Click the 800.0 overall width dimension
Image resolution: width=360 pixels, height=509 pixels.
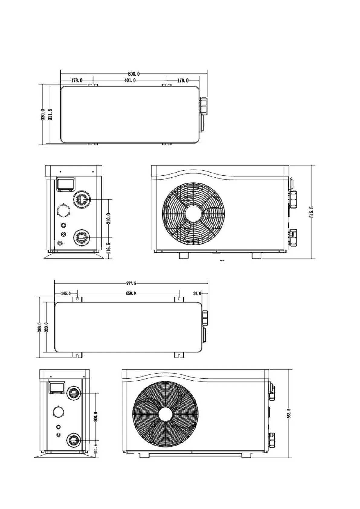(134, 74)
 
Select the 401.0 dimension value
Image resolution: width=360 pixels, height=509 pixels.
(130, 80)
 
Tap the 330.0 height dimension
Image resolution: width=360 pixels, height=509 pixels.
(43, 115)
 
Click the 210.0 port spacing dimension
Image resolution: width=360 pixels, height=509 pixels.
(109, 218)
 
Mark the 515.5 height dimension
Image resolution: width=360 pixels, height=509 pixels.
(311, 212)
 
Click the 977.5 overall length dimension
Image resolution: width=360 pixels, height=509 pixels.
(131, 284)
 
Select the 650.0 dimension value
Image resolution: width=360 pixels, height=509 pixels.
(131, 293)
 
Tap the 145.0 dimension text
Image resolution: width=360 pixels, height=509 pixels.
(66, 293)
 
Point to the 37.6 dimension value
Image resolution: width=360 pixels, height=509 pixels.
(197, 293)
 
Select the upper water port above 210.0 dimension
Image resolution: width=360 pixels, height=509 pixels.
(81, 199)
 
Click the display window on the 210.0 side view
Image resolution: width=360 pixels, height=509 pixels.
(66, 183)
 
